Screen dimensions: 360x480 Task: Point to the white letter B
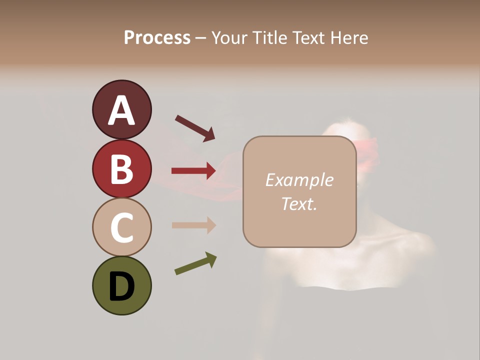pyautogui.click(x=121, y=169)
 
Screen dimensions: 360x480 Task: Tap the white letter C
pyautogui.click(x=121, y=227)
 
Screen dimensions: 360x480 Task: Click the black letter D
pyautogui.click(x=121, y=286)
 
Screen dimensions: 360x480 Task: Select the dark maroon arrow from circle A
pyautogui.click(x=195, y=128)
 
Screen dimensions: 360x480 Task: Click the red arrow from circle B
pyautogui.click(x=193, y=171)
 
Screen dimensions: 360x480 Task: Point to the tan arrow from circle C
pyautogui.click(x=193, y=225)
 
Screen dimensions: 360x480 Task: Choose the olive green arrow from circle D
pyautogui.click(x=195, y=263)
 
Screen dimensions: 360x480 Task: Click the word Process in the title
pyautogui.click(x=157, y=38)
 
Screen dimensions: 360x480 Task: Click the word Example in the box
pyautogui.click(x=299, y=180)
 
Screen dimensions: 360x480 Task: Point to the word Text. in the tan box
pyautogui.click(x=299, y=203)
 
